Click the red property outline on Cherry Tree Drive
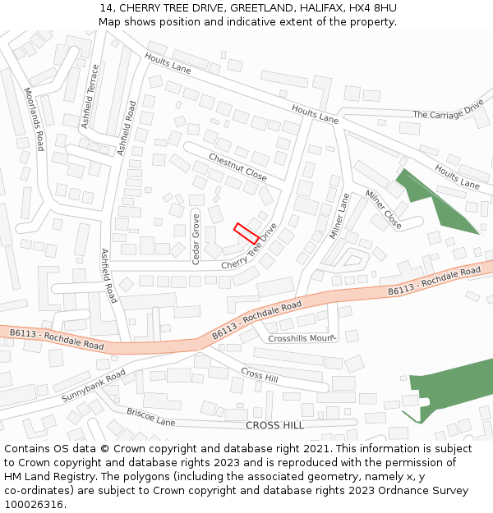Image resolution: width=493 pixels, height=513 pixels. (246, 232)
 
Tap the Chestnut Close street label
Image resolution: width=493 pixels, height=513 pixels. (237, 167)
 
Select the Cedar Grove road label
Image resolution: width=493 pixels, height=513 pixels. (196, 238)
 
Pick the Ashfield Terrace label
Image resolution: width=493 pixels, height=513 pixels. (91, 96)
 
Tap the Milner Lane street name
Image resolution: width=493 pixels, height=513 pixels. (339, 216)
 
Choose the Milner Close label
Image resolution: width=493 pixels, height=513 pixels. (383, 209)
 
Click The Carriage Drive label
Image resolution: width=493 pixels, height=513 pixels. (448, 111)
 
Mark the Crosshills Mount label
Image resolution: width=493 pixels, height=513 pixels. (302, 338)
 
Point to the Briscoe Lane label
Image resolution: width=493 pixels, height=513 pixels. (150, 417)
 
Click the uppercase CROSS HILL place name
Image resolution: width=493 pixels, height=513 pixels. (274, 425)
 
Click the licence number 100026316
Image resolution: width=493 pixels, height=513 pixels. (35, 504)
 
